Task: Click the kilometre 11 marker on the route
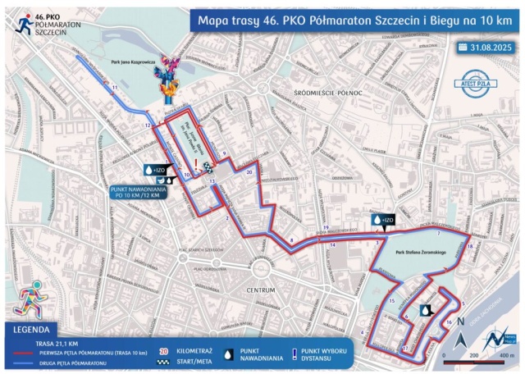coord(115,86)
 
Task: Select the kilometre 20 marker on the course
coord(249,173)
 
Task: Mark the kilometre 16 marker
coord(449,322)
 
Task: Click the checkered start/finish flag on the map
coord(212,181)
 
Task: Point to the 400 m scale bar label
coord(506,356)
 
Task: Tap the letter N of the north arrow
coord(462,322)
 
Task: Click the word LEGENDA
coord(38,329)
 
